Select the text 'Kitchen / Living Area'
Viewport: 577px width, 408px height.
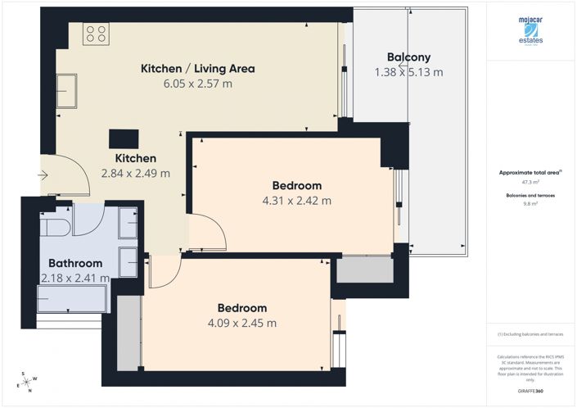coord(198,69)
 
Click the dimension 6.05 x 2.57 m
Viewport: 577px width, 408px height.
coord(198,84)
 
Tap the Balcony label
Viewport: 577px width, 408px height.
coord(408,57)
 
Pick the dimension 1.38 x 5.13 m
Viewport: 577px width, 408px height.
coord(408,72)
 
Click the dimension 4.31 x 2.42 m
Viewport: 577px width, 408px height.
coord(296,201)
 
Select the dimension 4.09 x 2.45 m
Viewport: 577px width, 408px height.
coord(241,323)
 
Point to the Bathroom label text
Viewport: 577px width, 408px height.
coord(75,264)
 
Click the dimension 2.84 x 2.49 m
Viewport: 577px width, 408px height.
coord(135,173)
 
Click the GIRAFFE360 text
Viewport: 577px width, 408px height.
coord(530,392)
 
